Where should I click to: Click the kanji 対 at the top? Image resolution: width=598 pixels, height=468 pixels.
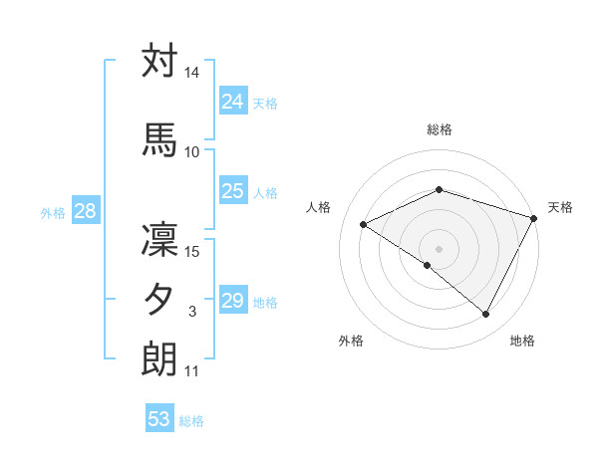159,62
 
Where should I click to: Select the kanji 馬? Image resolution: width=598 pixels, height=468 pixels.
159,138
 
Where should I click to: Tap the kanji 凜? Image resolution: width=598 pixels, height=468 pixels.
159,242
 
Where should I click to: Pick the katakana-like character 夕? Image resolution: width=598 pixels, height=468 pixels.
159,300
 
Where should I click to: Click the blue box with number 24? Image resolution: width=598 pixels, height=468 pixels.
233,101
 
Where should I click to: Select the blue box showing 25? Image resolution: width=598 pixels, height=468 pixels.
233,191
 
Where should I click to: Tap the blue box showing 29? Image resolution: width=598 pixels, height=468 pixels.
233,301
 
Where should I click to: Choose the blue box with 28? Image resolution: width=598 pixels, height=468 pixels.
85,211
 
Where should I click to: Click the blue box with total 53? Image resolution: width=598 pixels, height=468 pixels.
159,419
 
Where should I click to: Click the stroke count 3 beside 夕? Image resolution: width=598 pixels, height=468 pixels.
192,313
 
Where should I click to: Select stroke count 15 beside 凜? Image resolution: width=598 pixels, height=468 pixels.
192,252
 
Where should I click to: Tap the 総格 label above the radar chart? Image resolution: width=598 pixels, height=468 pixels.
439,130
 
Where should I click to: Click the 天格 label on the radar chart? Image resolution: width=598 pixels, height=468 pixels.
560,207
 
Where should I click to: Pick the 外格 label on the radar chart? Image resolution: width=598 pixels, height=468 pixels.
351,342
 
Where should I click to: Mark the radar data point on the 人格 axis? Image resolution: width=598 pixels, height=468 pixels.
364,224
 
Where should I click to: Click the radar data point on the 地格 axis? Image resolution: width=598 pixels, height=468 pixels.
485,315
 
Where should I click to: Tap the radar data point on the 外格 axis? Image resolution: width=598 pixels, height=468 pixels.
428,265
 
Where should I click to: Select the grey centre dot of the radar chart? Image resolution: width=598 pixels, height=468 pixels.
439,248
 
